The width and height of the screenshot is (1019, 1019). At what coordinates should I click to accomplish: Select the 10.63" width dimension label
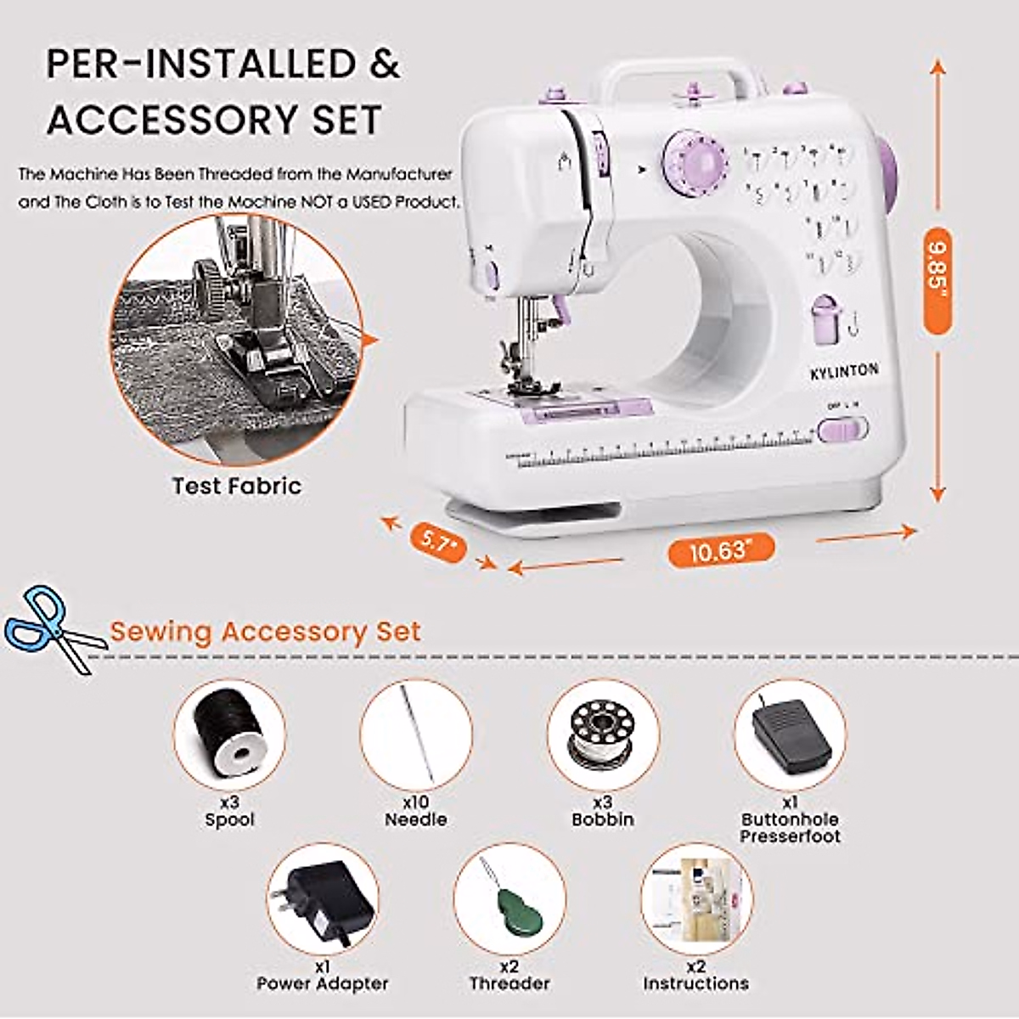click(x=721, y=552)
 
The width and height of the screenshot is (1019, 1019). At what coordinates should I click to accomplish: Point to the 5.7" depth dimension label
click(x=438, y=540)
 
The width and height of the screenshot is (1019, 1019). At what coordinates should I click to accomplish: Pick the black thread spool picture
click(x=228, y=735)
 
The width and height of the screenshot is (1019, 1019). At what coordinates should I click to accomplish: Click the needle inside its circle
click(x=417, y=735)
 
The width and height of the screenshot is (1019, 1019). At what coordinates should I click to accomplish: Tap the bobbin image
click(x=603, y=735)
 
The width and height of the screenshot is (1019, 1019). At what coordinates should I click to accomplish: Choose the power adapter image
click(x=323, y=900)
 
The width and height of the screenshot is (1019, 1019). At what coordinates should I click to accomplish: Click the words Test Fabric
click(x=237, y=487)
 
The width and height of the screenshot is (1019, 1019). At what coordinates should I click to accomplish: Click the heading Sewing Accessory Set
click(x=266, y=632)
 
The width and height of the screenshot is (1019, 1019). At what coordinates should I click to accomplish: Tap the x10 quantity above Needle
click(x=415, y=802)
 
